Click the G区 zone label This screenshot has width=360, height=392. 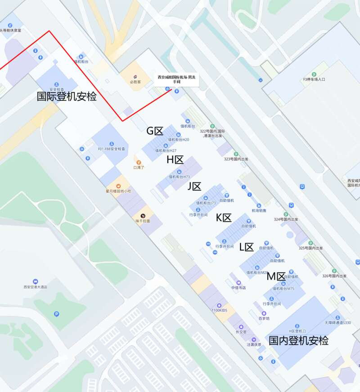tap(155, 131)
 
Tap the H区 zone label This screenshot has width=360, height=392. tap(175, 160)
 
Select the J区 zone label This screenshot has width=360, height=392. tap(194, 187)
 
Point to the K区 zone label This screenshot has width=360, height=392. tap(224, 218)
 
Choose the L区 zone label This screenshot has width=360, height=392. tap(246, 247)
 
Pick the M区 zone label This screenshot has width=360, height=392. tap(276, 276)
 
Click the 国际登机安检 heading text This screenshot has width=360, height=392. tap(67, 96)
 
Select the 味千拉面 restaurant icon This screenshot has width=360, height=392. tap(143, 216)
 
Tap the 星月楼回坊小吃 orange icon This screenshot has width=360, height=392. tap(119, 185)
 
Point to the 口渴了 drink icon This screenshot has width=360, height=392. tap(138, 162)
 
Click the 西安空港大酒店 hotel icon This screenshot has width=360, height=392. tap(36, 281)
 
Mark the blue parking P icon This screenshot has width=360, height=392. tap(56, 314)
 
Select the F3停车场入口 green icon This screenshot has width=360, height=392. tap(314, 74)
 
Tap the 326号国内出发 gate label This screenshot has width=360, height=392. tap(334, 276)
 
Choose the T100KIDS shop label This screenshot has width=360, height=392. tap(220, 310)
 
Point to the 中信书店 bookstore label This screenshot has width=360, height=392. tap(238, 287)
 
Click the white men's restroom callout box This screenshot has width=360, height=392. tap(176, 79)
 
